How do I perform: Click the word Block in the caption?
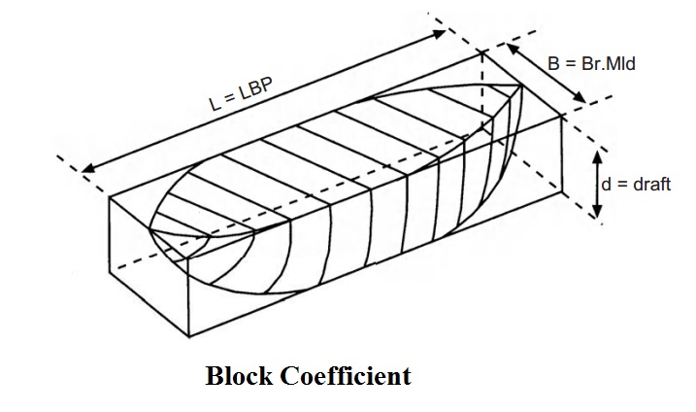pyautogui.click(x=239, y=376)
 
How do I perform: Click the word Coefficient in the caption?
pyautogui.click(x=346, y=376)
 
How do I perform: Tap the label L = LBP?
pyautogui.click(x=241, y=94)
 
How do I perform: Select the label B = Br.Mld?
pyautogui.click(x=591, y=64)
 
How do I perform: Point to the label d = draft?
pyautogui.click(x=636, y=184)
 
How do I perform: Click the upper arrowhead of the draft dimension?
pyautogui.click(x=597, y=156)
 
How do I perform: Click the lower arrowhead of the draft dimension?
pyautogui.click(x=597, y=212)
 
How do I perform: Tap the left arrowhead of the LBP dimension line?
pyautogui.click(x=87, y=168)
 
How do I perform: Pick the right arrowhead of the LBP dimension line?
pyautogui.click(x=440, y=33)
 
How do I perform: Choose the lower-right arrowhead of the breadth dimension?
pyautogui.click(x=580, y=98)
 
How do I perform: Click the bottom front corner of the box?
pyautogui.click(x=189, y=336)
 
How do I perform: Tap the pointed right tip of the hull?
pyautogui.click(x=521, y=86)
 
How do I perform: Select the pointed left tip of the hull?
pyautogui.click(x=150, y=229)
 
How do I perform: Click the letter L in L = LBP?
pyautogui.click(x=214, y=105)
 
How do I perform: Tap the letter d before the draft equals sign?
pyautogui.click(x=606, y=184)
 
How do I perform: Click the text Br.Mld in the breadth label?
pyautogui.click(x=608, y=64)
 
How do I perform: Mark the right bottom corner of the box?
pyautogui.click(x=562, y=192)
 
